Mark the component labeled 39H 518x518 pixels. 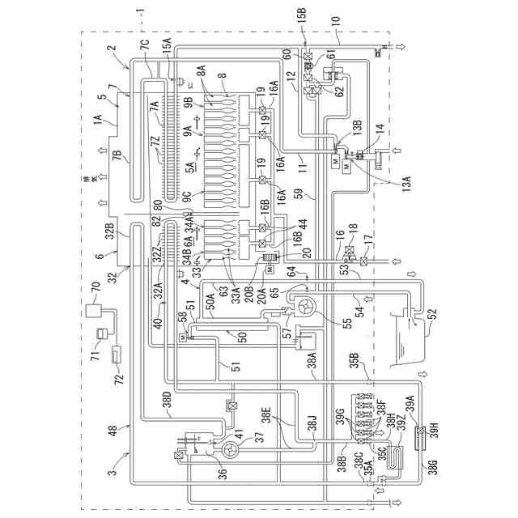[x=419, y=442]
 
